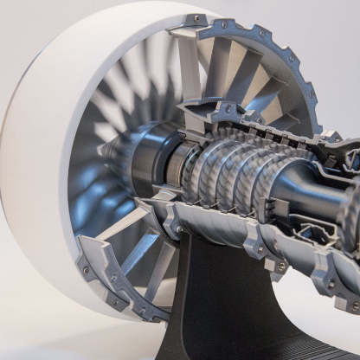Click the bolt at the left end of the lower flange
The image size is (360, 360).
point(85,270)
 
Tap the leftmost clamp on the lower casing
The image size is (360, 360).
point(173,227)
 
